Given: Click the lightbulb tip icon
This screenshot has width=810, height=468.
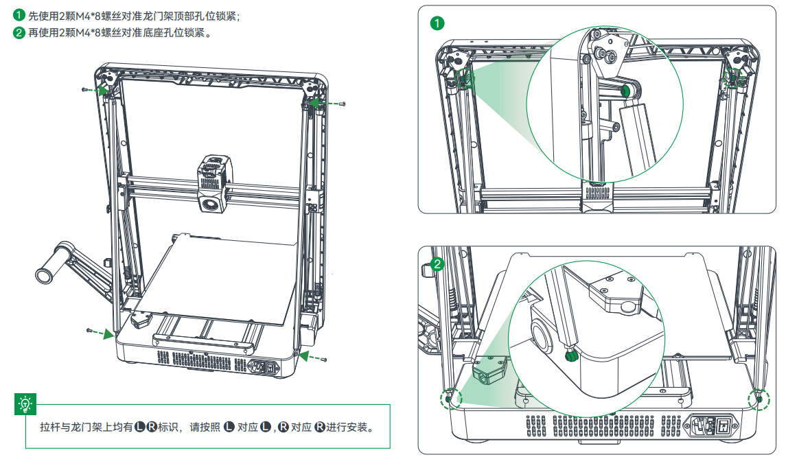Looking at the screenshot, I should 25,405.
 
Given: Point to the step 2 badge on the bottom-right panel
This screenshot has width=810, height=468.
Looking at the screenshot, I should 437,264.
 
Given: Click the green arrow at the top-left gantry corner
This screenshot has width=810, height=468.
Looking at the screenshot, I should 101,89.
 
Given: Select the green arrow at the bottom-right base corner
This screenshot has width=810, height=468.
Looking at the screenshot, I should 308,356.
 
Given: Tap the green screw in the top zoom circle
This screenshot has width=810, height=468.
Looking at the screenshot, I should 626,90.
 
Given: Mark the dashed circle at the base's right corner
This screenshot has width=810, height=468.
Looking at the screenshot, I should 760,399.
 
